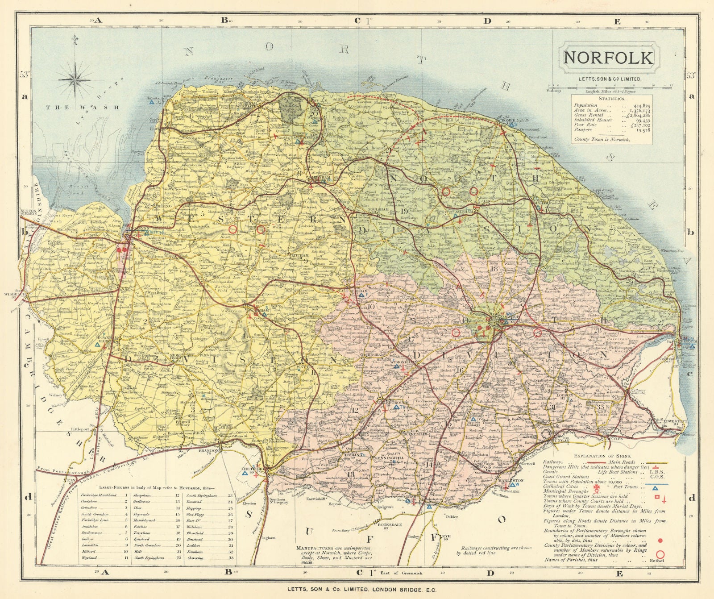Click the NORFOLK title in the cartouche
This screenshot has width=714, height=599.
coord(608,58)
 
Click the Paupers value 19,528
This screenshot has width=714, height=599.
coord(642,130)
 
